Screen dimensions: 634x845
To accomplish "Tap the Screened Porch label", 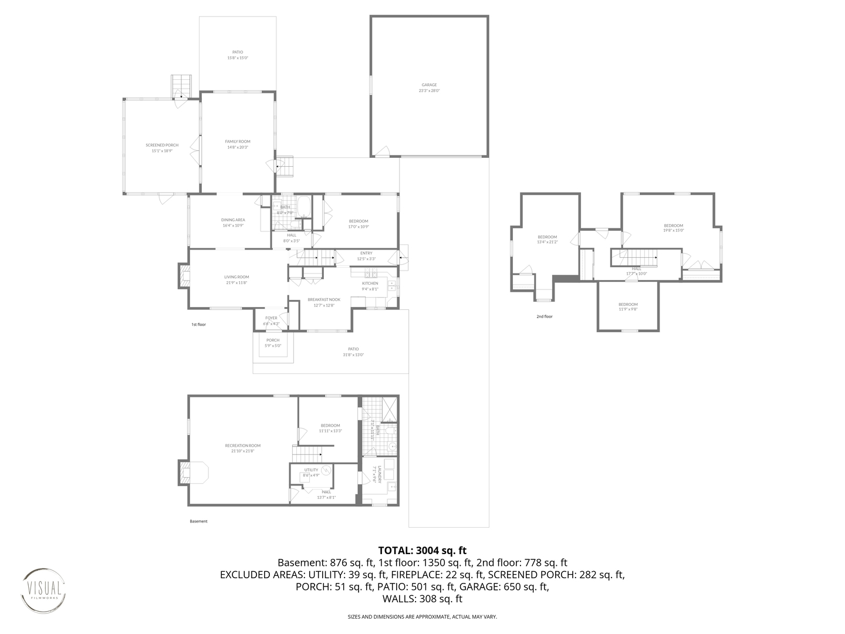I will click(162, 148).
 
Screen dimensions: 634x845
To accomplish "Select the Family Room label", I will click(238, 144).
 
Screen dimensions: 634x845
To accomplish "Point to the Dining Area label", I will click(233, 222).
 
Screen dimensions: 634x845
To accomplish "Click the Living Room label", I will click(236, 279).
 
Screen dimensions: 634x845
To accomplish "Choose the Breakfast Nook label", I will click(324, 302).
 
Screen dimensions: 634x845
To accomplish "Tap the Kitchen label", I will click(370, 286).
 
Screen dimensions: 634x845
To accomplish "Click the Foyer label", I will click(271, 321).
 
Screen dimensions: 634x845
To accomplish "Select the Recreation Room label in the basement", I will click(243, 448).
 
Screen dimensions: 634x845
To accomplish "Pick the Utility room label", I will click(311, 472).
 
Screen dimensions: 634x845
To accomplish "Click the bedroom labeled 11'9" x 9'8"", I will click(628, 306).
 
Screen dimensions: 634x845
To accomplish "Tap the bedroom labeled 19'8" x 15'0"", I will click(673, 228).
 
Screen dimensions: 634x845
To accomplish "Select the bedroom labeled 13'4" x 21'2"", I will click(547, 239).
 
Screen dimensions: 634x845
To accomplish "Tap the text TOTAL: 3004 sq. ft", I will click(422, 551).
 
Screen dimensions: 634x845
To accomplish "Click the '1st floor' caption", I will click(198, 324).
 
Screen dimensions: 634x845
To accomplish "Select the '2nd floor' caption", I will click(544, 316).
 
